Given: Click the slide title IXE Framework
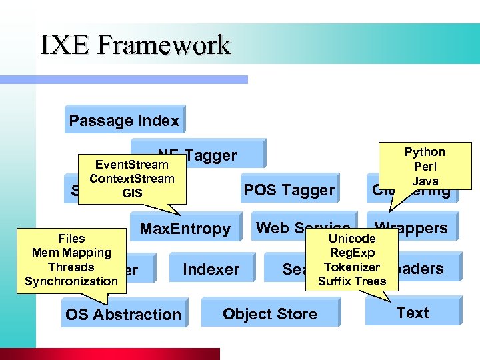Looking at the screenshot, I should click(135, 45).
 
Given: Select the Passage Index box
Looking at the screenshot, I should click(124, 121).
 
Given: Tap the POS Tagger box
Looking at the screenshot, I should click(289, 190).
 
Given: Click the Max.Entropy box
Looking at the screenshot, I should click(185, 229).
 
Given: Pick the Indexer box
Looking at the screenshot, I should click(211, 269).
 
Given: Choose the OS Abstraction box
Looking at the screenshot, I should click(123, 314).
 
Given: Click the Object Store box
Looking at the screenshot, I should click(270, 314).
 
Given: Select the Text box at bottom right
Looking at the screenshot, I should click(413, 313).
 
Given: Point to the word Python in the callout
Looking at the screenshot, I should click(425, 152).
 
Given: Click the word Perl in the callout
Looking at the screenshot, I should click(425, 167).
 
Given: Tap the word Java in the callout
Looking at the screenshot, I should click(425, 181).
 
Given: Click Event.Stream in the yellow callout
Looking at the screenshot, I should click(132, 164).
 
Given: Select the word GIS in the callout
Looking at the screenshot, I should click(132, 193).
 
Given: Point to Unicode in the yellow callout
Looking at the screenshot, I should click(352, 238).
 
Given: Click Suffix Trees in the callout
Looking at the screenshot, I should click(352, 281).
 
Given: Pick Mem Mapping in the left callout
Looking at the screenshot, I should click(71, 253).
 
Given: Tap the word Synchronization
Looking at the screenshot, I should click(71, 281).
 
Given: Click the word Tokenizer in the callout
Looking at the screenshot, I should click(352, 267).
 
